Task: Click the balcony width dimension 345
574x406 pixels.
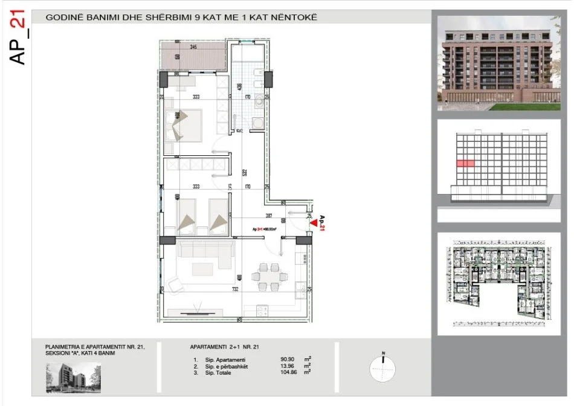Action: click(193, 47)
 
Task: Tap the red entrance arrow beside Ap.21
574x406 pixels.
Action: click(312, 222)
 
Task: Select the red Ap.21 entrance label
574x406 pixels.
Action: click(322, 224)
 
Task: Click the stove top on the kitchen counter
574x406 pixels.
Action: click(263, 311)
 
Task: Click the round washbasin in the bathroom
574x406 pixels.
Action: click(259, 102)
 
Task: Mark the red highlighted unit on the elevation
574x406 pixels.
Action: click(465, 163)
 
